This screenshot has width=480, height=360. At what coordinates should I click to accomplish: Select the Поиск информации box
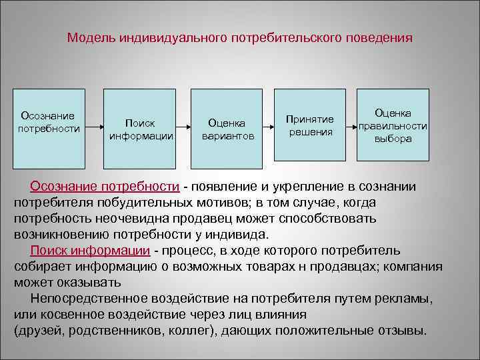[141, 129]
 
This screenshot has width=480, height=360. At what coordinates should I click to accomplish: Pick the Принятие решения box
[310, 125]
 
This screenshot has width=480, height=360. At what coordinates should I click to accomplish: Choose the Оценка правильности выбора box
[393, 125]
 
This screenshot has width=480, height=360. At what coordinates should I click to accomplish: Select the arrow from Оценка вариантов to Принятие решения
[270, 125]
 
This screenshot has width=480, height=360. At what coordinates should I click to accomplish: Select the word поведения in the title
[378, 38]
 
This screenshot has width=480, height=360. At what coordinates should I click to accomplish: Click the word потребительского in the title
[285, 38]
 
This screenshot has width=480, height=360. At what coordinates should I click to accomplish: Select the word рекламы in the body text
[411, 299]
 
